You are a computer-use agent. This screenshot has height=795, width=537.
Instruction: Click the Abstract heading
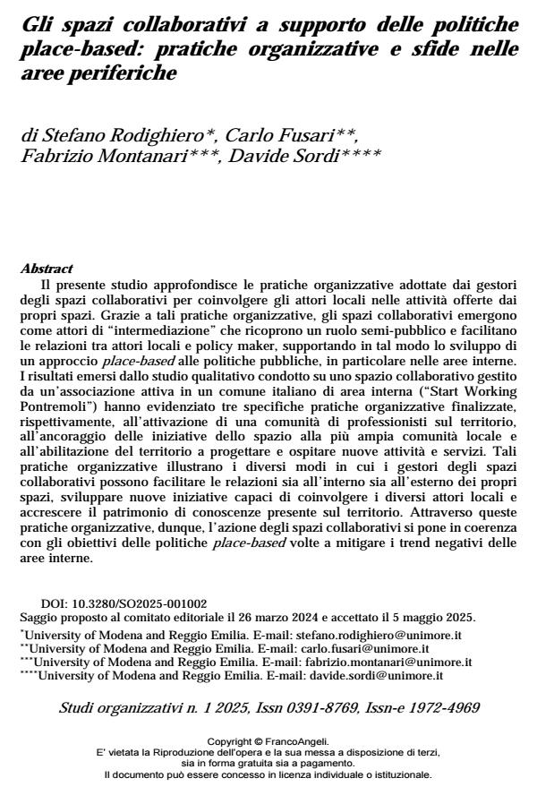click(46, 268)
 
